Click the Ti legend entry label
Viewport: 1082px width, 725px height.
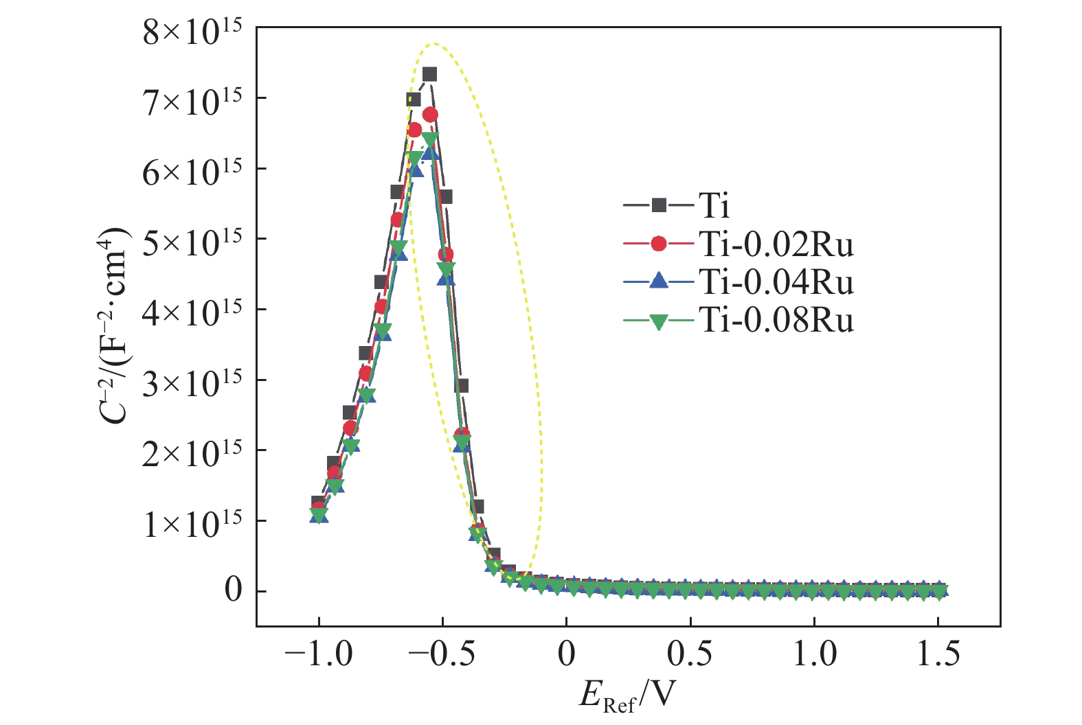714,205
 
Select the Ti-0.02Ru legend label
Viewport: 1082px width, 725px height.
776,244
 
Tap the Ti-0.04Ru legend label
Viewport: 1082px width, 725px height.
776,282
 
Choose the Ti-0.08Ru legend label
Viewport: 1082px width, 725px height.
776,320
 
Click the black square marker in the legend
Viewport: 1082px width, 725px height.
659,205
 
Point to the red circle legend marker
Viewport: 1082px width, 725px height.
659,243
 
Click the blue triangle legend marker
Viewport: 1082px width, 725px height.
659,281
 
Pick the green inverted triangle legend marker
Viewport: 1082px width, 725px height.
659,321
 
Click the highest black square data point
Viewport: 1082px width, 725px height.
429,74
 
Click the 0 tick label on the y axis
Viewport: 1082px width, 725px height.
234,590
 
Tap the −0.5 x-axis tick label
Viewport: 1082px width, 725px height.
442,654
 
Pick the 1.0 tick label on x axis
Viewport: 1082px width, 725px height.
815,654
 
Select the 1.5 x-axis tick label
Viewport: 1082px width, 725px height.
938,654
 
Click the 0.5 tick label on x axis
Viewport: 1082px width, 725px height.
690,654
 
